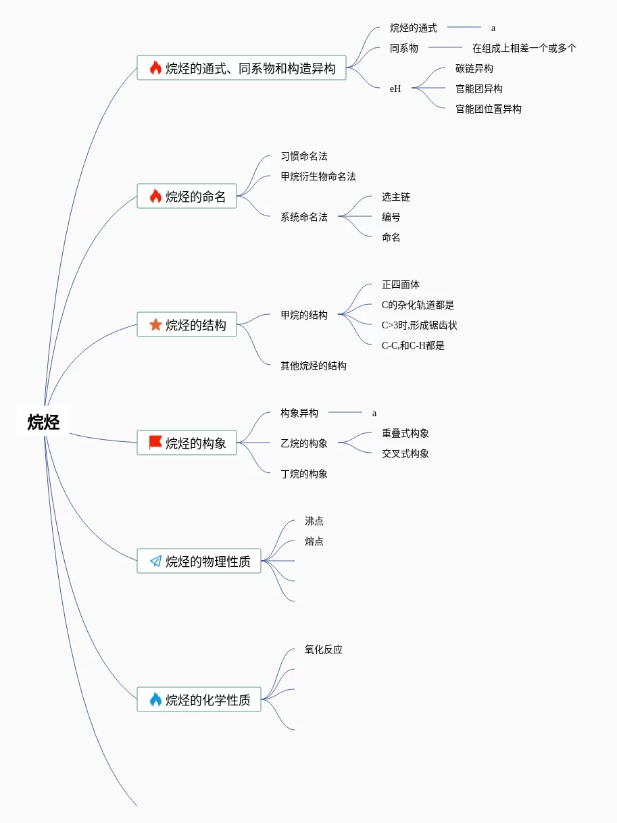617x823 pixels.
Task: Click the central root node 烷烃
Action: [44, 422]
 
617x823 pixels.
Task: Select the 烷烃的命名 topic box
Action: [187, 197]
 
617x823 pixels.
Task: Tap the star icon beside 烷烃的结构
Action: [155, 325]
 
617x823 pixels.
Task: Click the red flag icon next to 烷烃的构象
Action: [155, 443]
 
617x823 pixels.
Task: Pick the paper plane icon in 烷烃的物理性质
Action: [155, 561]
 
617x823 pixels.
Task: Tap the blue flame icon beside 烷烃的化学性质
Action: [155, 699]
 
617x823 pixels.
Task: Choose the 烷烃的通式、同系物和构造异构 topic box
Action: [241, 68]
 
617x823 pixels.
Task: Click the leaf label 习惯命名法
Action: [304, 156]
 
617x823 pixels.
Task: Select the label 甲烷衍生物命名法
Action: [318, 176]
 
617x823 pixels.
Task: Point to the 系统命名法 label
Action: [304, 217]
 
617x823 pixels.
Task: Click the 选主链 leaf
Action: [396, 197]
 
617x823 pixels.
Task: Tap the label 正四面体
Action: [401, 284]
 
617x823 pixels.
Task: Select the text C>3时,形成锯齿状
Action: [420, 325]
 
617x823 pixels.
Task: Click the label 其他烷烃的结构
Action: [314, 366]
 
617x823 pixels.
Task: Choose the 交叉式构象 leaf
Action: [405, 453]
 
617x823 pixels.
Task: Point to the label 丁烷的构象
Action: [304, 474]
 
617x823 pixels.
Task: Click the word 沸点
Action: [314, 521]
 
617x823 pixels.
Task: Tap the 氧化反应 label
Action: [324, 649]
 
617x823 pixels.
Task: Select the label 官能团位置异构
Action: [489, 109]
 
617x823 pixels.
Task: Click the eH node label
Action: [395, 89]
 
